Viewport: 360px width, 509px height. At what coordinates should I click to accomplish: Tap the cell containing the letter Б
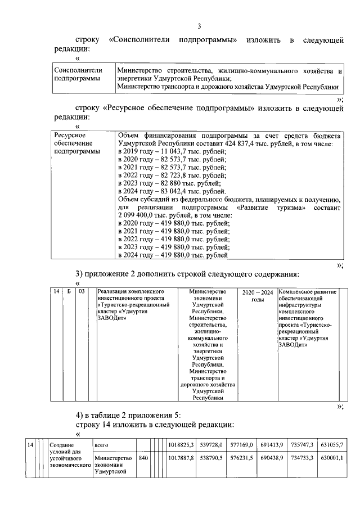[68, 292]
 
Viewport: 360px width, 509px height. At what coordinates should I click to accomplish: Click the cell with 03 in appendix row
[82, 292]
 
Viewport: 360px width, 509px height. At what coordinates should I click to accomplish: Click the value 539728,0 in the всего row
[213, 445]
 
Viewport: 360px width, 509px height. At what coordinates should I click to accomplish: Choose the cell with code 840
[143, 459]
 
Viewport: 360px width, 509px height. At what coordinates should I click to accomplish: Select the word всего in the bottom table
[102, 445]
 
